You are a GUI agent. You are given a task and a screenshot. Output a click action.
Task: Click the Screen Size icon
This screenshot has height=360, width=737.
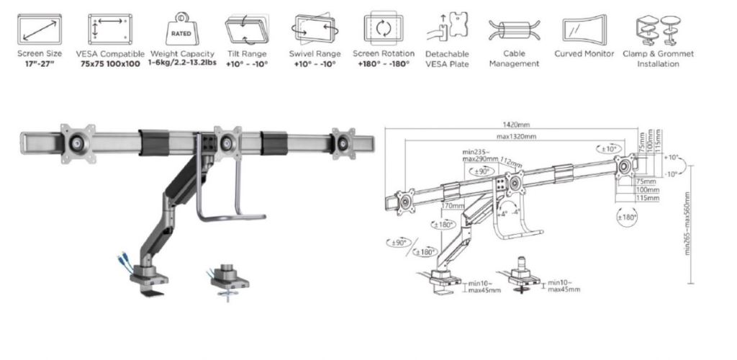point(40,29)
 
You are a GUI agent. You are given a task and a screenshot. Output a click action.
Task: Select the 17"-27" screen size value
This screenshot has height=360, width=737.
point(40,63)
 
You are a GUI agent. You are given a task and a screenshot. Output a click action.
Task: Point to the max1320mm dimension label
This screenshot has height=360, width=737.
point(516,136)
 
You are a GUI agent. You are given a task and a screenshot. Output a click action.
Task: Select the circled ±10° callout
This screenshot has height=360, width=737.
point(607,148)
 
